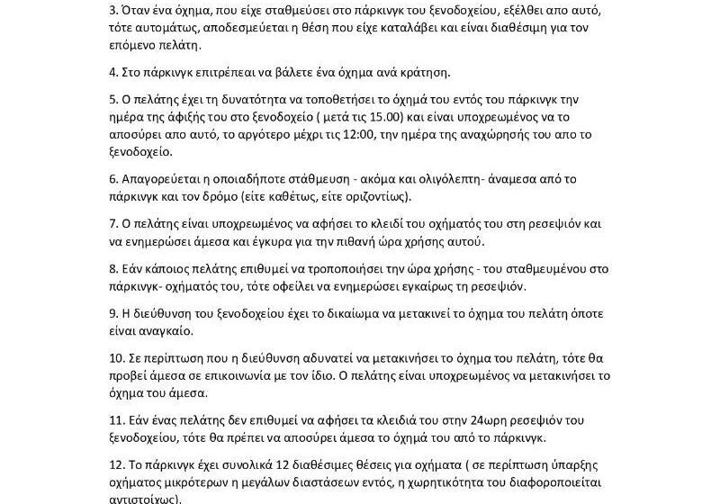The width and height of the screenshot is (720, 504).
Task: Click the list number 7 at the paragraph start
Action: (112, 224)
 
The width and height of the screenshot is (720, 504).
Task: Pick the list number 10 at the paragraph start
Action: (115, 358)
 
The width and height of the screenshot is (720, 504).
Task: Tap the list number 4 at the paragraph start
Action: (112, 73)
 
